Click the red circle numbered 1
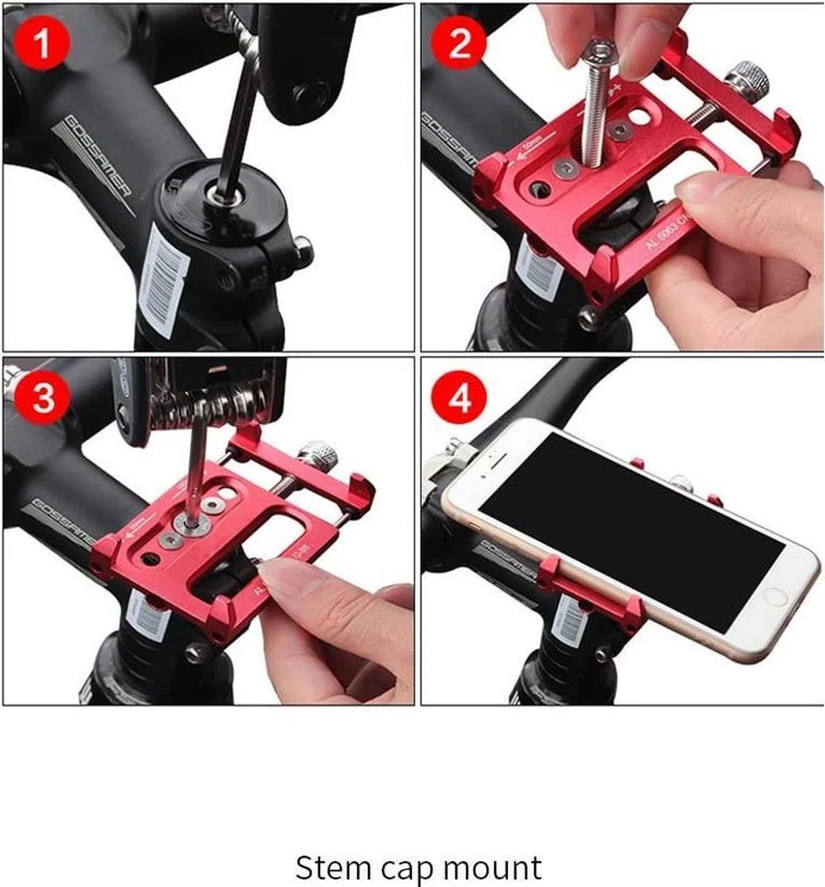point(43,43)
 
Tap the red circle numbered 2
point(461,43)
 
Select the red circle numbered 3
point(43,398)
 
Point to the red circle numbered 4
point(461,399)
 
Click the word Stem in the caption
point(330,866)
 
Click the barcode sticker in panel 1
point(164,277)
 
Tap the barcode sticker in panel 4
point(571,617)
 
